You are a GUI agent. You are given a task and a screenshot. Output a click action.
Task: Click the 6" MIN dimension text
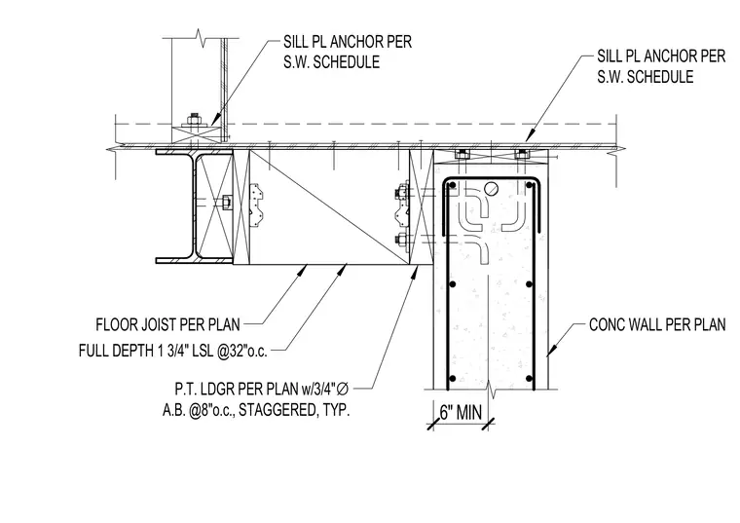coord(461,413)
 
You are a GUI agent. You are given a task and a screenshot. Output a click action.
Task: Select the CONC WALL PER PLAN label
coord(657,324)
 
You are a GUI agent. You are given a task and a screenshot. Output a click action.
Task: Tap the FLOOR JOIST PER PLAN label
coord(168,324)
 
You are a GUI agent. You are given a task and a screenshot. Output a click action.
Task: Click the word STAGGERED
coord(277,410)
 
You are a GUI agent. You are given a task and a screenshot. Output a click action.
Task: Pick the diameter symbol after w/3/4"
coord(343,389)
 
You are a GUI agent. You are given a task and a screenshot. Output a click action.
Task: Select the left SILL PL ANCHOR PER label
coord(348,42)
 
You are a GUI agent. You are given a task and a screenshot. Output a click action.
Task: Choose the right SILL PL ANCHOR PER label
coord(661,56)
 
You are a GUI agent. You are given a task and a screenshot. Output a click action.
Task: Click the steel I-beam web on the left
coord(194,206)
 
